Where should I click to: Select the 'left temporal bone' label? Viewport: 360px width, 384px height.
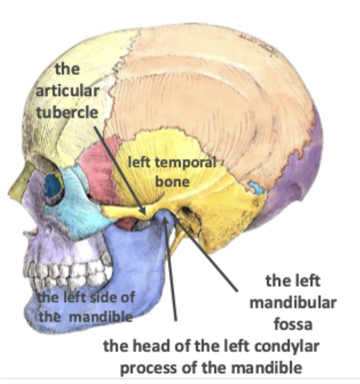(x=171, y=171)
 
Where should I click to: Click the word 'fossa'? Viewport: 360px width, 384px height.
(x=292, y=325)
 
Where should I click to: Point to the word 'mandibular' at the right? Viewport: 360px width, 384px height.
(x=292, y=303)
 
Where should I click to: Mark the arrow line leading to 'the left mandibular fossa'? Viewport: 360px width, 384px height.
(x=209, y=255)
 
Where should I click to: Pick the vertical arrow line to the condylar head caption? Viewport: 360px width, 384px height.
(x=170, y=269)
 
